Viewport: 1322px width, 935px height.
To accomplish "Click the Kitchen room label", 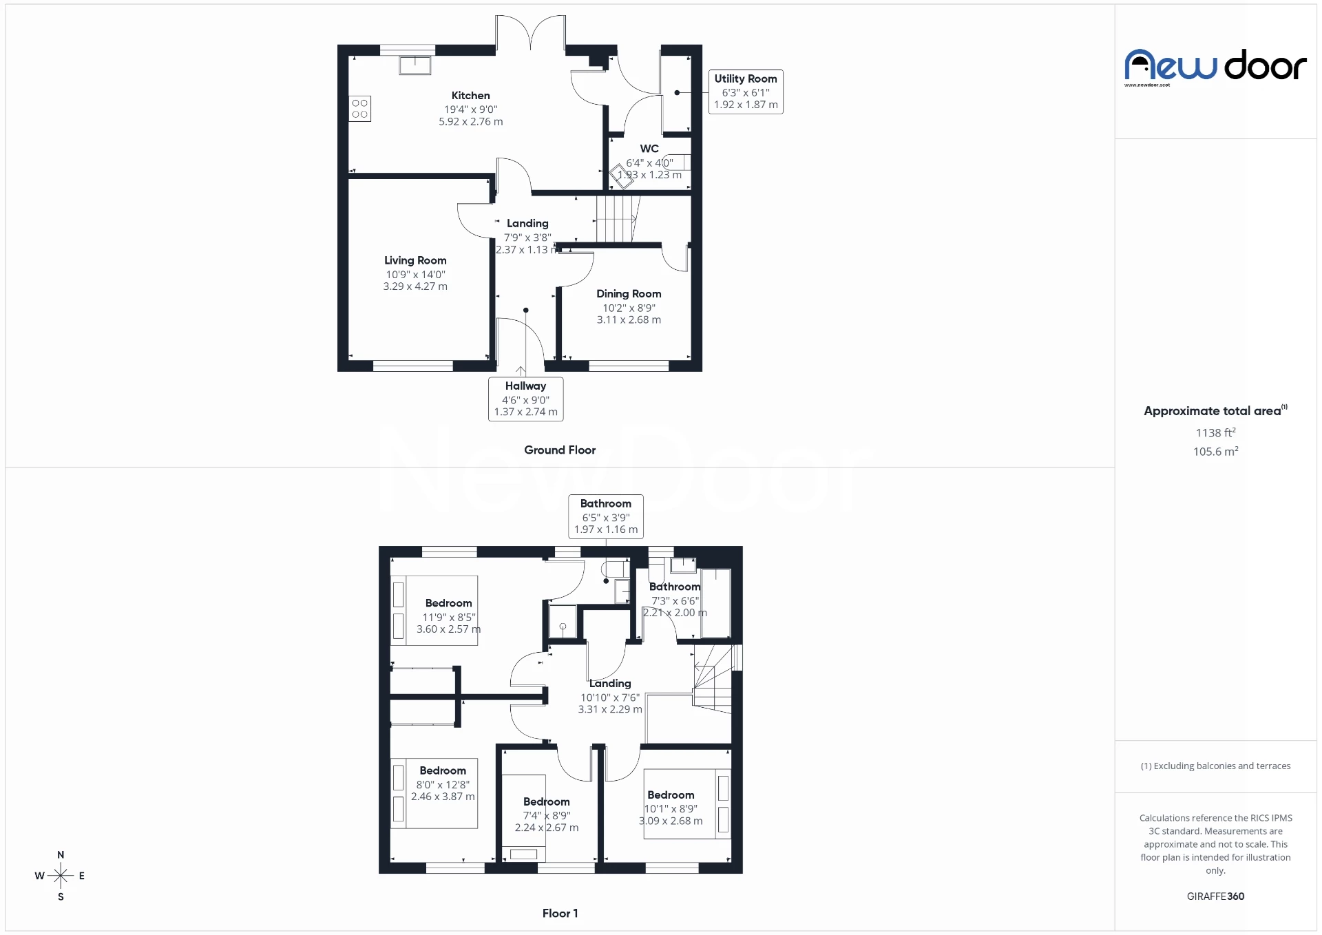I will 471,96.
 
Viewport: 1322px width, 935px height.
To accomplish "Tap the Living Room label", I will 415,260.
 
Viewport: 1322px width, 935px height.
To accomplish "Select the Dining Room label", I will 629,294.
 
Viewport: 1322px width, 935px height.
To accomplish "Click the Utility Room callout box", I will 746,92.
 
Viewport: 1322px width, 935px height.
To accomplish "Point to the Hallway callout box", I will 525,399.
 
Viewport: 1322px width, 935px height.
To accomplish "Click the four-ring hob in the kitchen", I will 359,109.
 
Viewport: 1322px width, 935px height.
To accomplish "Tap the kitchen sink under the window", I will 415,65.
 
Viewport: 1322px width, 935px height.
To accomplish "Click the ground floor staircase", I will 615,219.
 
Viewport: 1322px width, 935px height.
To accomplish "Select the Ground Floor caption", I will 560,450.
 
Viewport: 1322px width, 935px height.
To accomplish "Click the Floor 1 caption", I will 560,914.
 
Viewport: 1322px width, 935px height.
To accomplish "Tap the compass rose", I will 61,876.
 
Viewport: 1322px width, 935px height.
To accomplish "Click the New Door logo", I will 1215,67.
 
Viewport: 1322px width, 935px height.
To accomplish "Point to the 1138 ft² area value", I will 1215,433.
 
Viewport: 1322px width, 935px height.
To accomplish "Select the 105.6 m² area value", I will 1215,452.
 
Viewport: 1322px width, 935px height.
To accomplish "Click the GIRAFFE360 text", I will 1215,896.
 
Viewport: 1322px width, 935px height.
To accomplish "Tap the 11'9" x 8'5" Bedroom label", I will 448,604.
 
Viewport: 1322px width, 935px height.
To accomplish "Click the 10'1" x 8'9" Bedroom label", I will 671,795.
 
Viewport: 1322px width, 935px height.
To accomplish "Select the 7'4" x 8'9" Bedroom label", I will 546,802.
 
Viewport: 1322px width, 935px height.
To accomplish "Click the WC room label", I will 649,149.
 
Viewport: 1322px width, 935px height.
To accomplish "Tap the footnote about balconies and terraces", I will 1215,766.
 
